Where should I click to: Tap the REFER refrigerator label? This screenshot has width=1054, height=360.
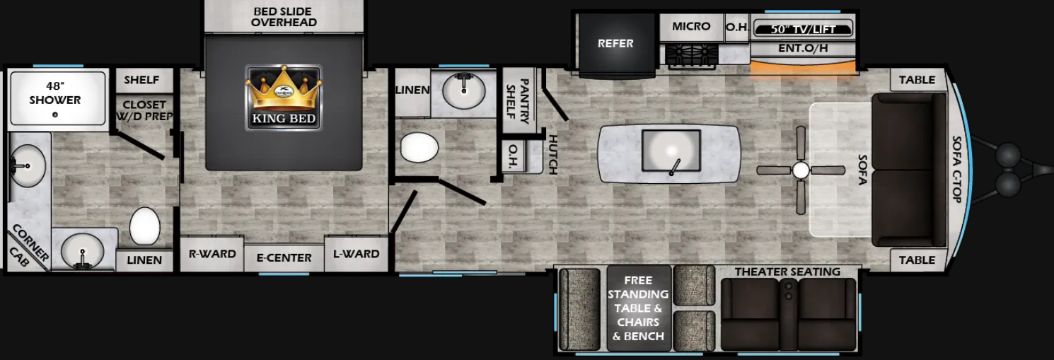point(615,43)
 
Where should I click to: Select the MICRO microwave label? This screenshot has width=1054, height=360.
point(690,27)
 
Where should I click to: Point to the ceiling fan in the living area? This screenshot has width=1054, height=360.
point(800,170)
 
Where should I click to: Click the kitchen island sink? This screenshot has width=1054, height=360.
point(671,150)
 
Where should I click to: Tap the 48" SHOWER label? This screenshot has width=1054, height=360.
point(54,93)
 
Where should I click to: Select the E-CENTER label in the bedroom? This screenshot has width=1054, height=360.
point(284,257)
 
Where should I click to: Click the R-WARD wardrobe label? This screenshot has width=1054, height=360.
point(212,254)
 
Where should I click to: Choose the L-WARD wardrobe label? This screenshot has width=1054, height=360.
point(356,254)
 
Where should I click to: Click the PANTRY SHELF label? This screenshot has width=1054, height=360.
point(520,101)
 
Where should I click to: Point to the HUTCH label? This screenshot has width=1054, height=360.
point(553,154)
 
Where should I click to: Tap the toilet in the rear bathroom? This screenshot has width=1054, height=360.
point(144,226)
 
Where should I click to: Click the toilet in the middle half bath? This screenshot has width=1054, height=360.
point(419,147)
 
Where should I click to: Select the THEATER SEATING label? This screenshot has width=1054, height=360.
point(787,272)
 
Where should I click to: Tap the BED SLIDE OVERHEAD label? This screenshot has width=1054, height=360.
point(284,17)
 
